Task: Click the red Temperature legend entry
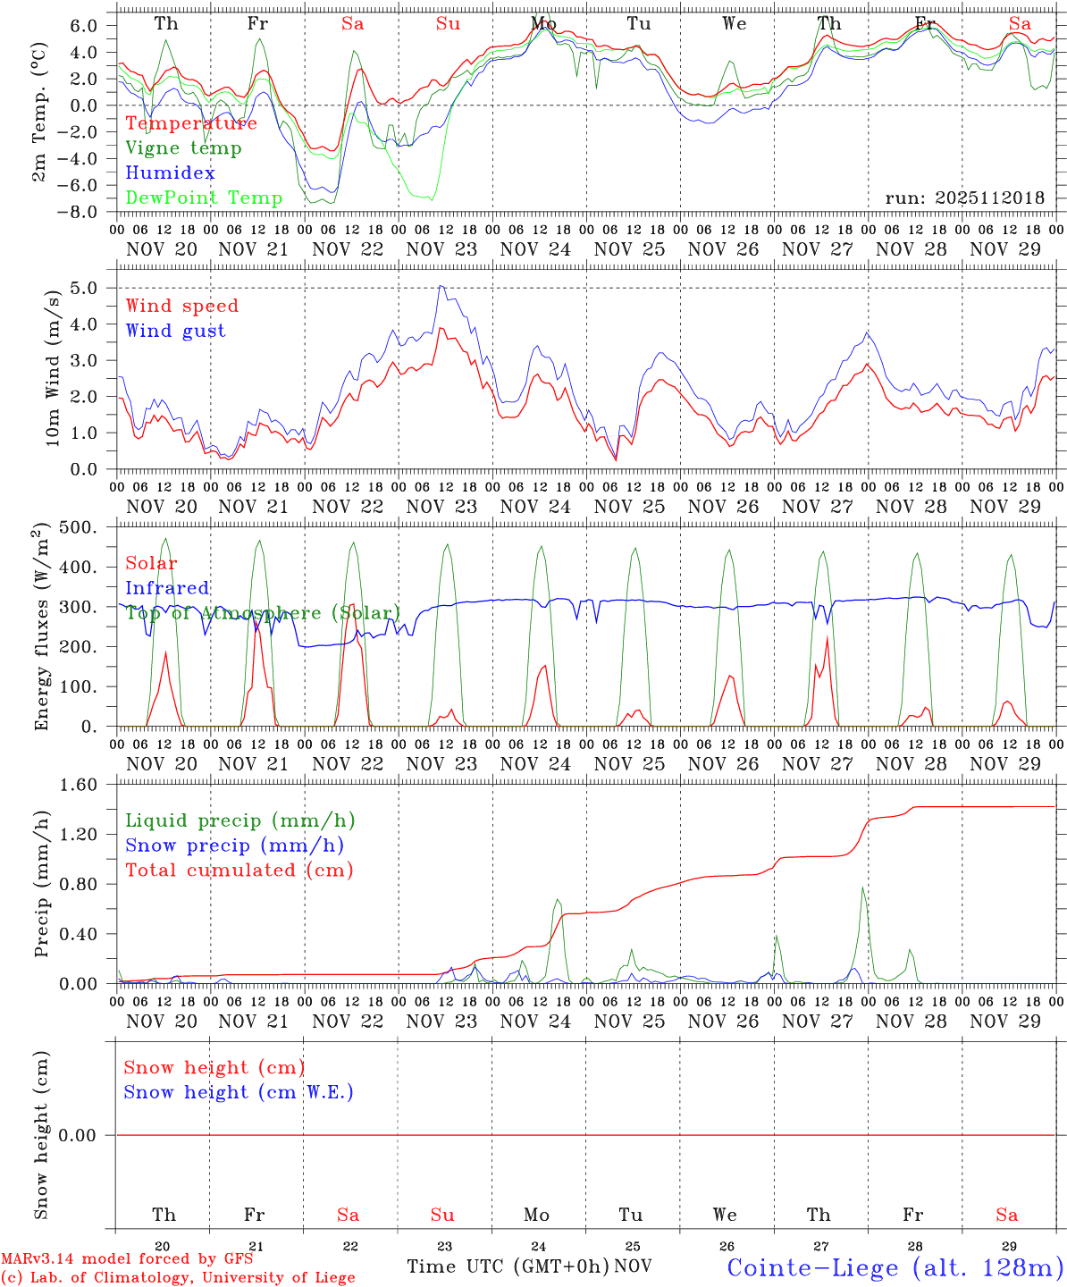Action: pyautogui.click(x=191, y=123)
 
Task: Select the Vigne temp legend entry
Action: pyautogui.click(x=183, y=148)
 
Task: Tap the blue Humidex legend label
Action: pyautogui.click(x=170, y=173)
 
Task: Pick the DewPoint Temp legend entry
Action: pyautogui.click(x=204, y=198)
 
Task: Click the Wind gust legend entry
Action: pyautogui.click(x=175, y=331)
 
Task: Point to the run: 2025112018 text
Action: pyautogui.click(x=964, y=198)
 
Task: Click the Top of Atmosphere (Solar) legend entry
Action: pyautogui.click(x=263, y=613)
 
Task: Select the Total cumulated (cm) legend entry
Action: pyautogui.click(x=239, y=870)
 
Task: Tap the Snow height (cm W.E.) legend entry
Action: pyautogui.click(x=239, y=1092)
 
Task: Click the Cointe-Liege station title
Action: pyautogui.click(x=895, y=1267)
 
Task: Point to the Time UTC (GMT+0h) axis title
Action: pyautogui.click(x=508, y=1266)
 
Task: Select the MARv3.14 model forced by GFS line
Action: pyautogui.click(x=127, y=1259)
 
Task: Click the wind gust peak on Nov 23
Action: pyautogui.click(x=441, y=286)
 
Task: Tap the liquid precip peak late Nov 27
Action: pyautogui.click(x=862, y=887)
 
